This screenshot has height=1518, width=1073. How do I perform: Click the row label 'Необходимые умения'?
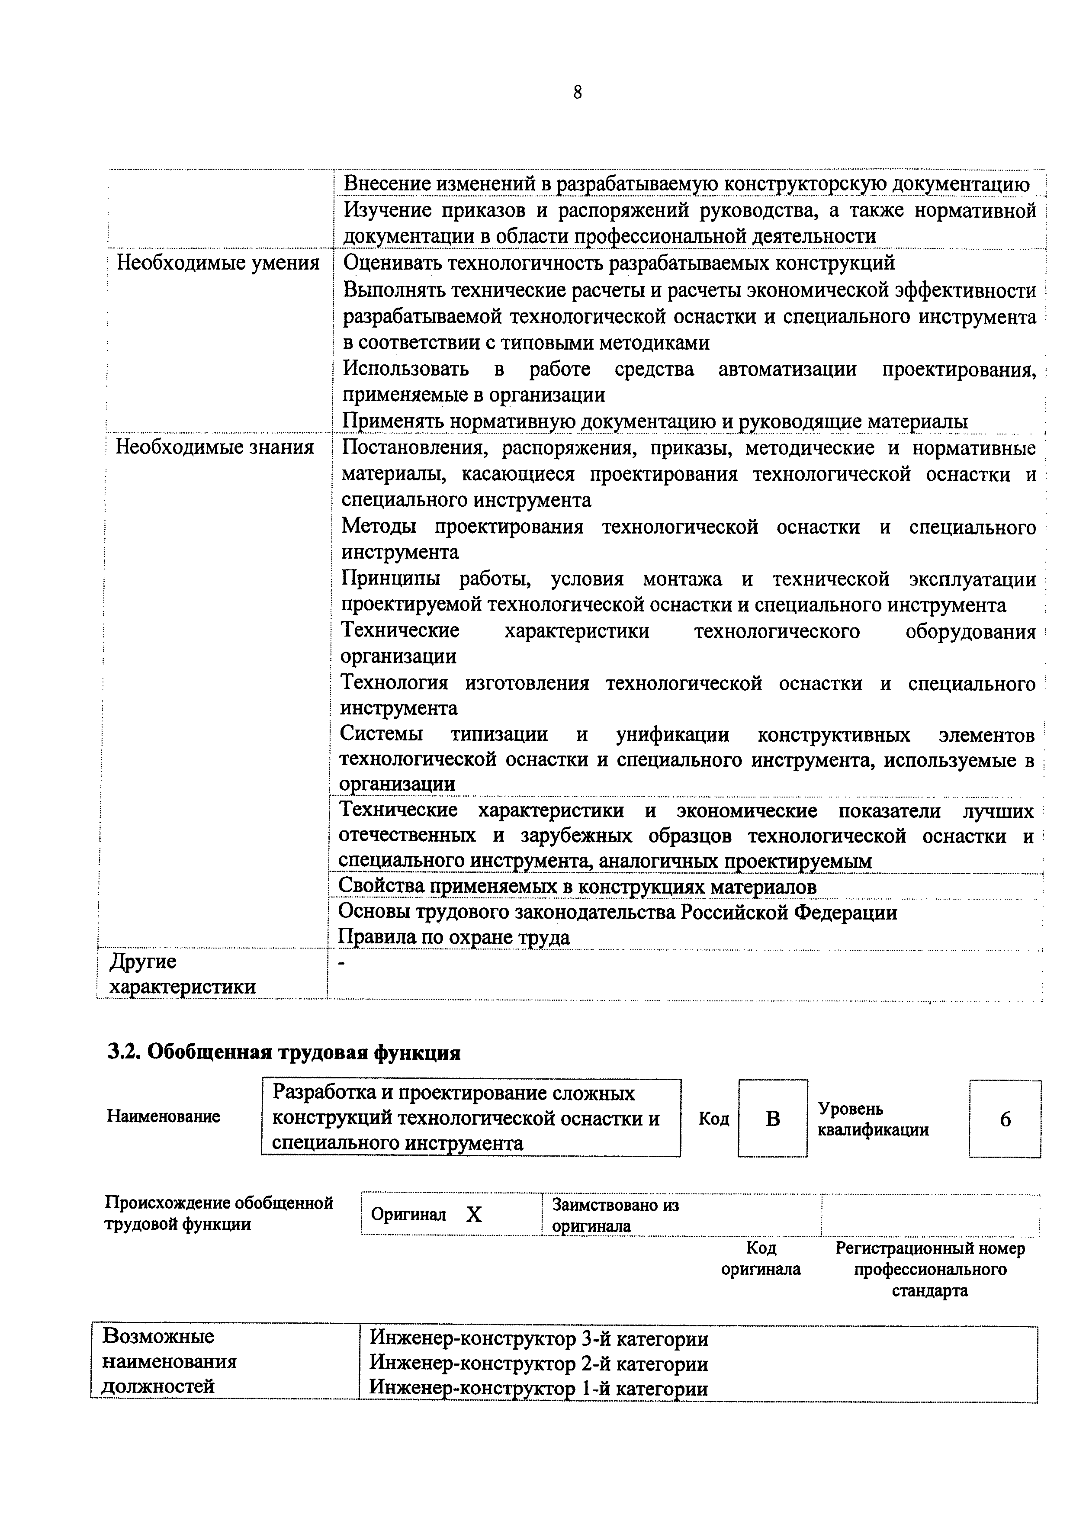click(x=218, y=263)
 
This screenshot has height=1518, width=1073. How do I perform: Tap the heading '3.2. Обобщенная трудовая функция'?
click(x=284, y=1052)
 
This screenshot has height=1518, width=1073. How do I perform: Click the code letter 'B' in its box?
click(x=772, y=1119)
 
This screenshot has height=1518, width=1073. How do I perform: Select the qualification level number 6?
click(x=1005, y=1119)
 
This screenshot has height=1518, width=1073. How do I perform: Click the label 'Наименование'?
click(x=163, y=1117)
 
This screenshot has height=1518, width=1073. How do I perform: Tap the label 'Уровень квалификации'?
click(x=873, y=1119)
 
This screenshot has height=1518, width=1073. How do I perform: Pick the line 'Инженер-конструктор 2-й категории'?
click(x=539, y=1363)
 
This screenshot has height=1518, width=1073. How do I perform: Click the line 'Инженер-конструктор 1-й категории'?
click(x=539, y=1389)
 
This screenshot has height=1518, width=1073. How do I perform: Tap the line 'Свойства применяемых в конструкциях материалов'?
click(x=577, y=886)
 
